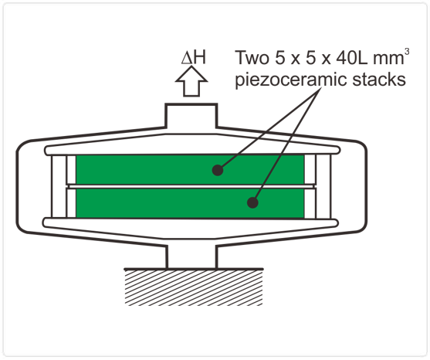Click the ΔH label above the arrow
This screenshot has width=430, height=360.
click(193, 57)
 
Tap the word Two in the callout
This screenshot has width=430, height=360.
click(252, 58)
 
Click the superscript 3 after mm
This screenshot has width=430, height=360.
click(407, 52)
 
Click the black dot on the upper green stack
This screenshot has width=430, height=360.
click(218, 170)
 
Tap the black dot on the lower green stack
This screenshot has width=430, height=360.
click(252, 202)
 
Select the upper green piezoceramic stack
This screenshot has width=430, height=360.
click(190, 170)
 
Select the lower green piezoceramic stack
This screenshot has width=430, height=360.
click(190, 203)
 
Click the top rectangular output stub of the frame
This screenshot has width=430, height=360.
click(191, 117)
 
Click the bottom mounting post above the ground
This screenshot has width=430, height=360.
click(191, 256)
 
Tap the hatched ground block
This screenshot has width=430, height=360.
click(194, 287)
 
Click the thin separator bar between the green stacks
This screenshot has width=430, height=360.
click(191, 187)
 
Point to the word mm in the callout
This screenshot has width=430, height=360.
click(388, 59)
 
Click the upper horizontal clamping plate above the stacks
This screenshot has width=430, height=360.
click(192, 150)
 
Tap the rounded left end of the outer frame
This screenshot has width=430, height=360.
click(22, 187)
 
